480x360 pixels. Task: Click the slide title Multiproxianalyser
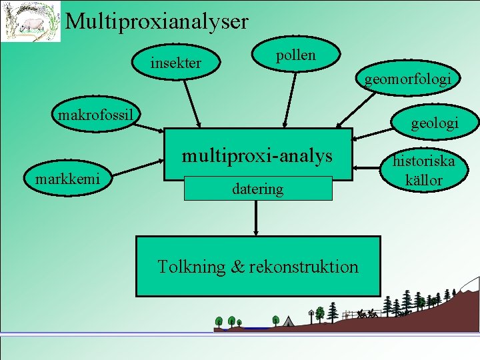coord(157,21)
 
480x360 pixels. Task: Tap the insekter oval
coord(176,63)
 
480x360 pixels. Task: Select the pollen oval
coord(295,55)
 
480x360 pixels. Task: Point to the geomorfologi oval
coord(407,79)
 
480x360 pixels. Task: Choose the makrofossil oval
coord(96,115)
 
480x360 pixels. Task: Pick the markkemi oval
coord(67,178)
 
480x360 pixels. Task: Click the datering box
coord(257,189)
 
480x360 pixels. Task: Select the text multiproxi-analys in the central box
coord(257,156)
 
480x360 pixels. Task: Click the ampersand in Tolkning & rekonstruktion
coord(237,267)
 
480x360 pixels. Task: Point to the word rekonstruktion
coord(304,267)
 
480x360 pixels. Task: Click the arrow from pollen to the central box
coord(291,100)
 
